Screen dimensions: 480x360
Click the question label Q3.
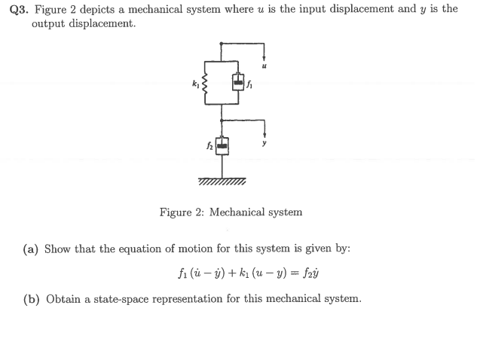pos(20,9)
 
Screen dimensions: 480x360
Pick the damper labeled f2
pos(221,145)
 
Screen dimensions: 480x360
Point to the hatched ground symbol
pos(222,182)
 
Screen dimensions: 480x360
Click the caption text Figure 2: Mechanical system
pos(231,212)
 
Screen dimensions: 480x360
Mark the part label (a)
pos(32,249)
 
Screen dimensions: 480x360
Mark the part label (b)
pos(32,299)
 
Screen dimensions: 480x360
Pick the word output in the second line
pos(47,23)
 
